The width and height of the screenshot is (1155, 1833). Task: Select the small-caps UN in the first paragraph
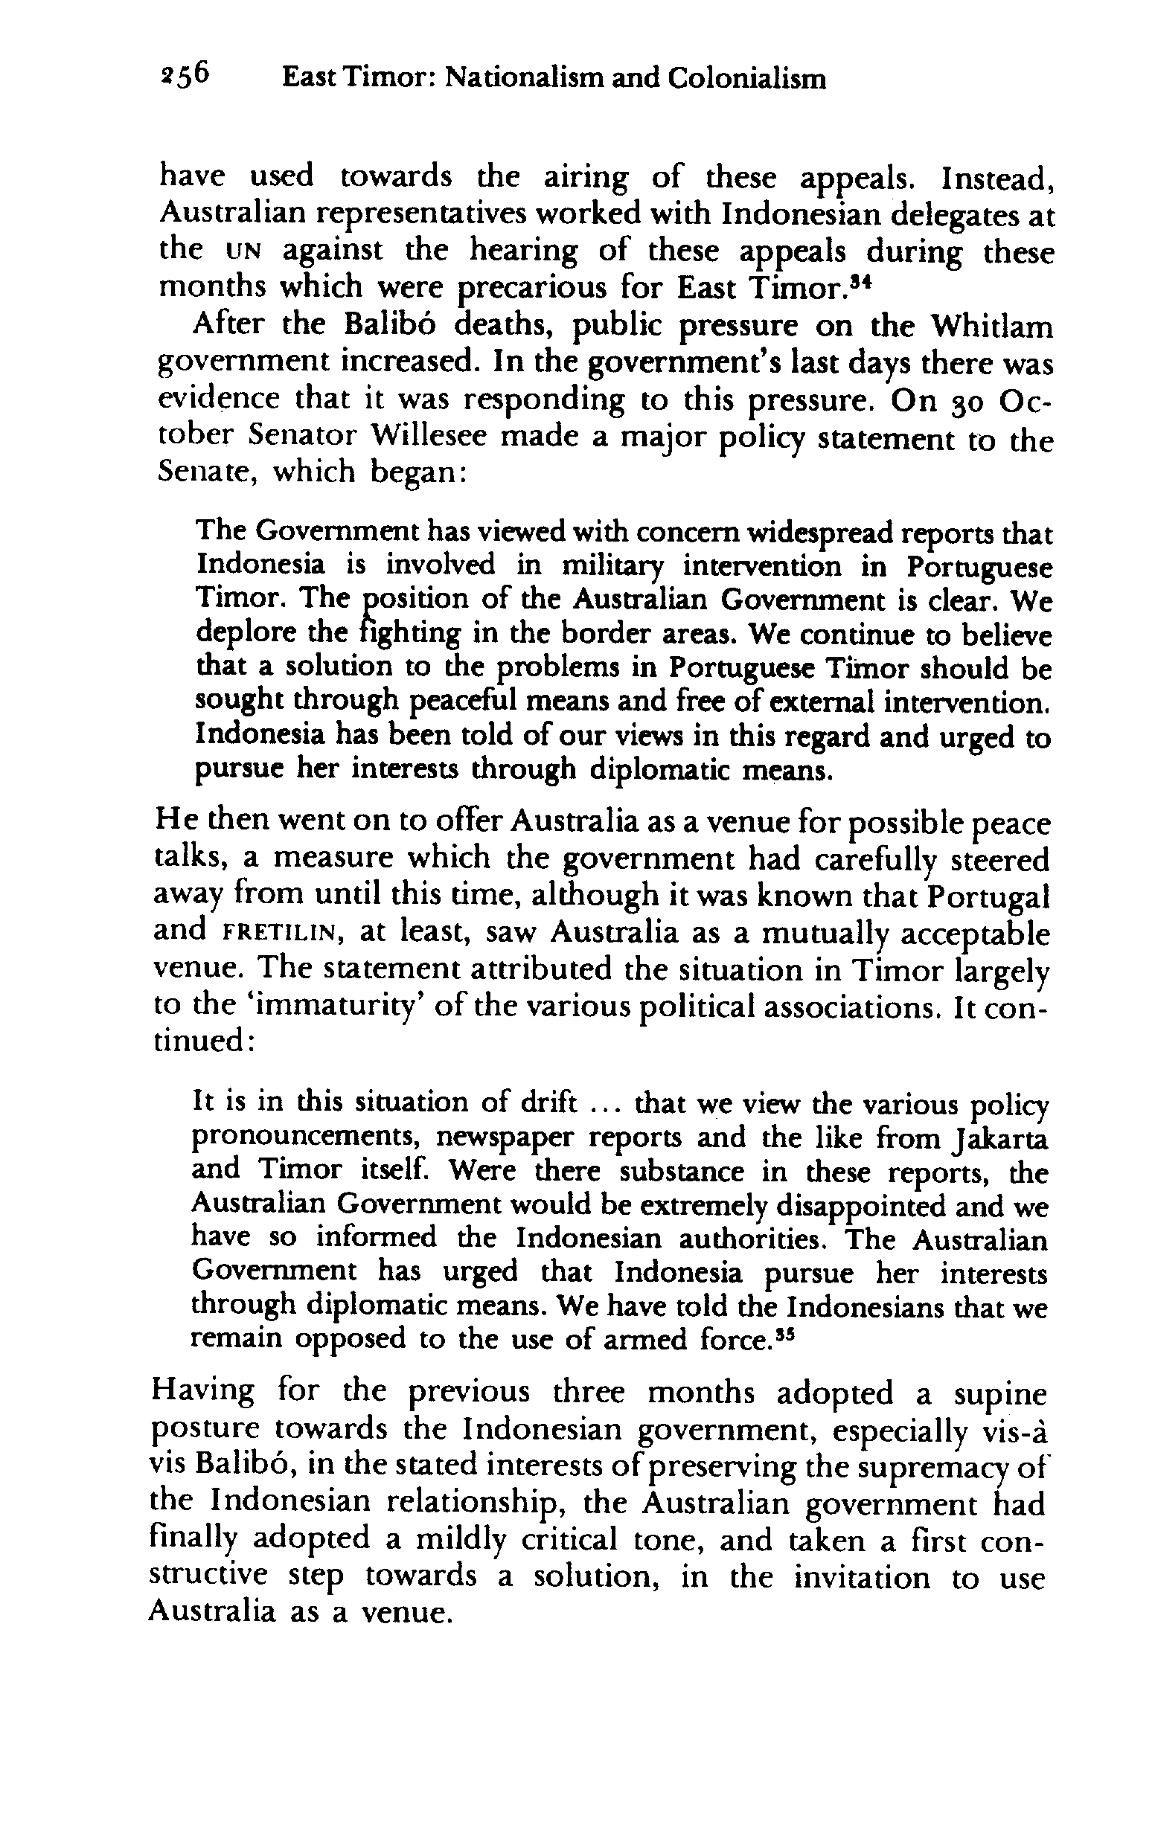[231, 251]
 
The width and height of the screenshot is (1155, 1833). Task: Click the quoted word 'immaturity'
[324, 1007]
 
